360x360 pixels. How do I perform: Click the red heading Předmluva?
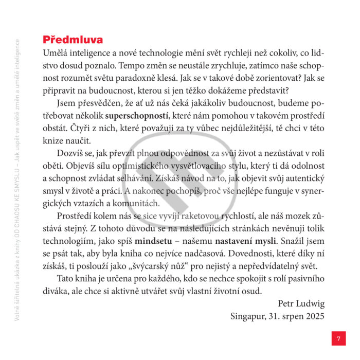(73, 40)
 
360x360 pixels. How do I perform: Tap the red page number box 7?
(338, 338)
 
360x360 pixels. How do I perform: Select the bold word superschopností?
(138, 114)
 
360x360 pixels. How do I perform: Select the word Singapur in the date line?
(249, 316)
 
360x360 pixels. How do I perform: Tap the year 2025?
(313, 316)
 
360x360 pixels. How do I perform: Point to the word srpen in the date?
(289, 316)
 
